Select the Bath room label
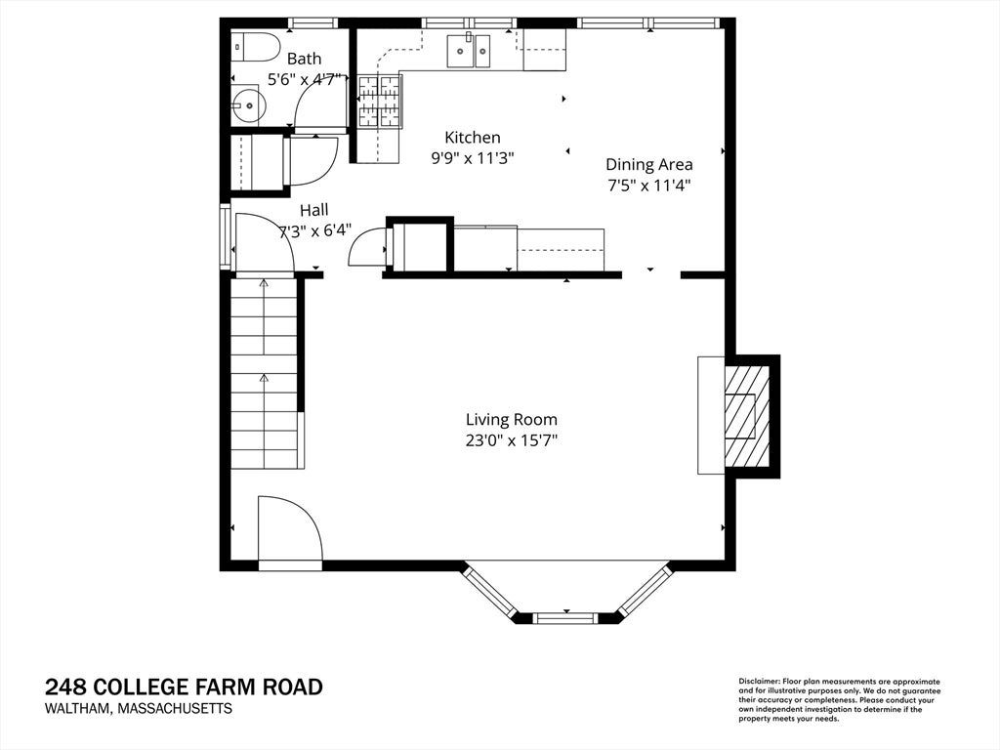click(x=305, y=59)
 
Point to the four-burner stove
click(x=380, y=101)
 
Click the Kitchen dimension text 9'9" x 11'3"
click(x=473, y=158)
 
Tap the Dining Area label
click(x=649, y=164)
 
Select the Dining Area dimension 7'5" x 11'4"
click(x=649, y=186)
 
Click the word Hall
click(x=314, y=210)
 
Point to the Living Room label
click(x=512, y=420)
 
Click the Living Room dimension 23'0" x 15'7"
click(x=512, y=440)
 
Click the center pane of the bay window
click(x=565, y=617)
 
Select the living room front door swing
click(x=290, y=532)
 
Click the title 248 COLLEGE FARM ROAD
click(x=184, y=687)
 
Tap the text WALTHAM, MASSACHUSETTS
click(x=139, y=708)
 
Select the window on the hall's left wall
click(x=225, y=235)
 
